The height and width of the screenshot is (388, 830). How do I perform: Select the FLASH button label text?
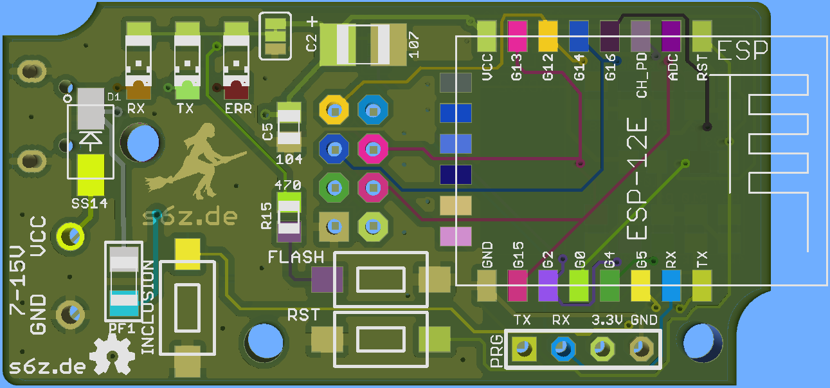coord(296,257)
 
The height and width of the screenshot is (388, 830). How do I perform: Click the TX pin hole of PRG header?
coord(523,349)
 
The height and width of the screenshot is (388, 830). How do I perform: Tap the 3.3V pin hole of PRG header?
coord(602,349)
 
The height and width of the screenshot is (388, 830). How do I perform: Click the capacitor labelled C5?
coord(289,126)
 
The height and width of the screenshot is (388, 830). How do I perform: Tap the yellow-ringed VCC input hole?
coord(70,236)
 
